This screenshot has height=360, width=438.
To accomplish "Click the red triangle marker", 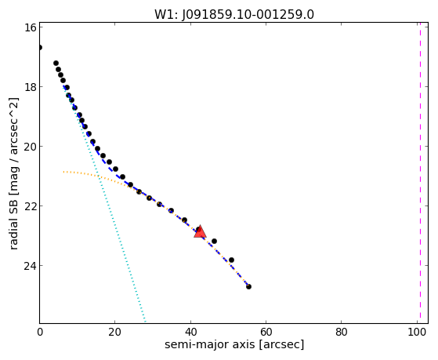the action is [200, 231].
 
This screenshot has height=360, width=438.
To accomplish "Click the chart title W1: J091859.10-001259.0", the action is [234, 15].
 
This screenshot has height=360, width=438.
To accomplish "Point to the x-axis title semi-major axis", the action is [234, 344].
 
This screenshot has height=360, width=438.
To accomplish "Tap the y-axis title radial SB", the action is [14, 173].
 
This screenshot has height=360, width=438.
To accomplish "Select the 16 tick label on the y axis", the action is [30, 27].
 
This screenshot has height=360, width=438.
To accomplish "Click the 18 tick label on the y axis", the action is [30, 87].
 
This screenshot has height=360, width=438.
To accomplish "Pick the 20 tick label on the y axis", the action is [30, 147].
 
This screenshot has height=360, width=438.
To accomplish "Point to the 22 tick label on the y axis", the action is [30, 206].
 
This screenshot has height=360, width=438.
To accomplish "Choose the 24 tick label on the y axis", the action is [30, 266].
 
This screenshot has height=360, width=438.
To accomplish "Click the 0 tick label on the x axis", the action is [40, 332].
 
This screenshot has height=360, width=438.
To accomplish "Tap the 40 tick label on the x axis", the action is [190, 332].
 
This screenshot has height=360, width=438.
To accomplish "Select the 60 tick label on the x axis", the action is [266, 332].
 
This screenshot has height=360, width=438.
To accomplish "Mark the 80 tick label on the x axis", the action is [342, 332].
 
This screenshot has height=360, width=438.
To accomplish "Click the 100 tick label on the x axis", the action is [417, 332].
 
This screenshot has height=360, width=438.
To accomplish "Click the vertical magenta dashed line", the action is [420, 173].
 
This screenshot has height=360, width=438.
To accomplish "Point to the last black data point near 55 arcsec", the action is [248, 286].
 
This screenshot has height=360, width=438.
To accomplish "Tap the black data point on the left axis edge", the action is [40, 47].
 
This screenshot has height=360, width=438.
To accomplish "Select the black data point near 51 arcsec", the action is [231, 260].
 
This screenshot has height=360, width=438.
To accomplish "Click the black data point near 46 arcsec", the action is [214, 241].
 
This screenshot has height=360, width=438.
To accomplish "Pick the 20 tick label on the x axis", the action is [115, 332].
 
